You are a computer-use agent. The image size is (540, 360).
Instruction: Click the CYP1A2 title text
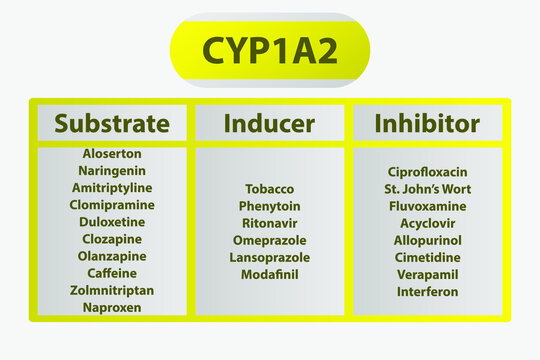pos(269,50)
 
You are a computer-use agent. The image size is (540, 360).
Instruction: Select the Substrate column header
pos(112,123)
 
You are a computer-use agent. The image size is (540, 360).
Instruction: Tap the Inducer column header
pos(269,123)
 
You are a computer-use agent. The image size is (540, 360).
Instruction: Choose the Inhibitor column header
pos(427,123)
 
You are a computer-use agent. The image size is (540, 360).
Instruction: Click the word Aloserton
pos(112,154)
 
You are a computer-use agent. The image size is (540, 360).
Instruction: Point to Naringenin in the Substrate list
pos(112,171)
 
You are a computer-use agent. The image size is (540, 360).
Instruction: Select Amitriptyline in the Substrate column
pos(112,188)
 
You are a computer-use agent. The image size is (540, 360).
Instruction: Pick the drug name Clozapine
pos(112,239)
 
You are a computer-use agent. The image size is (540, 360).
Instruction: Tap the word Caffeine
pos(112,273)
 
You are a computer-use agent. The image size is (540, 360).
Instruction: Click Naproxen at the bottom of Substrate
pos(112,308)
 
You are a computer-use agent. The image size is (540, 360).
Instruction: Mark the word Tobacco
pos(269,189)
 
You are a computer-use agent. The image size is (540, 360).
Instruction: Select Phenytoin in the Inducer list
pos(269,206)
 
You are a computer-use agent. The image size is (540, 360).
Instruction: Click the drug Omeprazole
pos(269,240)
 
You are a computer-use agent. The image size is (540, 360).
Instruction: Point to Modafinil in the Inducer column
pos(269,274)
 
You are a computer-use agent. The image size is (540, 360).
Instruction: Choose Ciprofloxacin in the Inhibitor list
pos(427,172)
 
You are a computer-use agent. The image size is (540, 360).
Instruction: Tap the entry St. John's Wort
pos(427,189)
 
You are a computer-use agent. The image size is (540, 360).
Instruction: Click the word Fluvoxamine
pos(427,206)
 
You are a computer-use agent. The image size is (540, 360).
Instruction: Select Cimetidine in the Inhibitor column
pos(427,257)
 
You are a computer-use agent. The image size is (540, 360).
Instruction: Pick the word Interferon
pos(427,291)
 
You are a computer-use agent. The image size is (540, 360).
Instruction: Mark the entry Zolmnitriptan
pos(112,290)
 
